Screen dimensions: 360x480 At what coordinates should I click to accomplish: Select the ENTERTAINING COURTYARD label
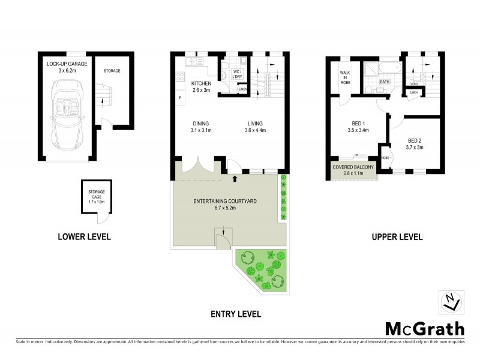click(223, 200)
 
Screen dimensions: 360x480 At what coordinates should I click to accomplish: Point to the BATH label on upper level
click(385, 81)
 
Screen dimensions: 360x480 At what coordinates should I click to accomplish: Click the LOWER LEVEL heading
click(84, 237)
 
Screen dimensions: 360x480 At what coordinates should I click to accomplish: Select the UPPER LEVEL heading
click(397, 237)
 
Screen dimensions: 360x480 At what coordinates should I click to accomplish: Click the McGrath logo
click(424, 328)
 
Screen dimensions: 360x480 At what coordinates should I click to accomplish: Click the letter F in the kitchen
click(179, 98)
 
